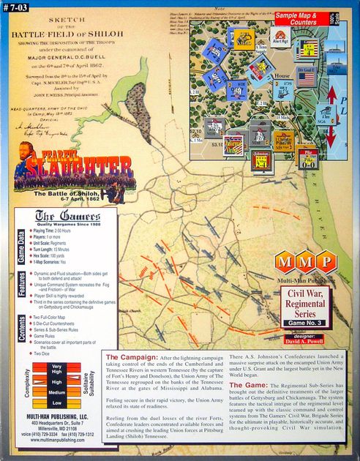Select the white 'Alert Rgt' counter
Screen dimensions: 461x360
pos(280,37)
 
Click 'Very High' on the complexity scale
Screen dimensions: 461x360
pos(56,369)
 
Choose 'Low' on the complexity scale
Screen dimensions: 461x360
pos(56,402)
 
